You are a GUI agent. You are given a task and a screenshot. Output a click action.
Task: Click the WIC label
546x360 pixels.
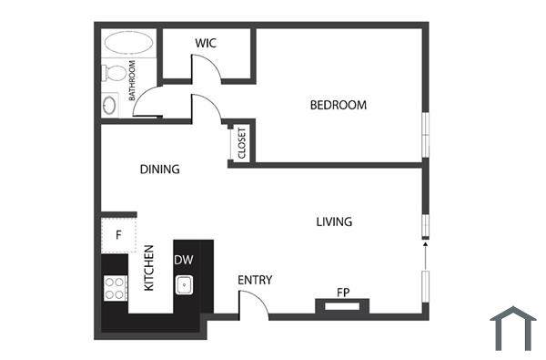point(205,43)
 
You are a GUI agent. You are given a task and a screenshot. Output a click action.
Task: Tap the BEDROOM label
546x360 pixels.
point(339,105)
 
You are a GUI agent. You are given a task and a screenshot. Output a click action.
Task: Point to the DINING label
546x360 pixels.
point(159,169)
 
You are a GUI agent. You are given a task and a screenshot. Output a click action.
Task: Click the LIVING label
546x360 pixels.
point(334,221)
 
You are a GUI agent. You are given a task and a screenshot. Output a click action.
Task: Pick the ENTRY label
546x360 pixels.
point(255,280)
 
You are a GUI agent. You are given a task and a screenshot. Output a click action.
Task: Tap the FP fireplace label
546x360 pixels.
point(343,293)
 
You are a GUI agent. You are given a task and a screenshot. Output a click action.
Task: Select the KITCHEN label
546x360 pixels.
point(150,269)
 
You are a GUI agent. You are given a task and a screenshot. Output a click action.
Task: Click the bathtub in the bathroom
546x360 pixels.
point(128,43)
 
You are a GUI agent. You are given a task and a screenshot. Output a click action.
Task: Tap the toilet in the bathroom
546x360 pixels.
point(115,71)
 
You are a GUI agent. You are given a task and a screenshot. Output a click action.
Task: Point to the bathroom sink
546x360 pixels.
point(110,104)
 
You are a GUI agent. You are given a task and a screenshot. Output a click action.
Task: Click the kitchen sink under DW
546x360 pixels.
point(184,283)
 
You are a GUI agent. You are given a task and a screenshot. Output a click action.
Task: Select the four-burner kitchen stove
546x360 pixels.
point(115,288)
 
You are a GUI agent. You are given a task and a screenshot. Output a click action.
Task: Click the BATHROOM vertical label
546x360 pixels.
point(133,80)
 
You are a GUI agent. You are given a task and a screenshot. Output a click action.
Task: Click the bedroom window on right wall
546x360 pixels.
point(424,135)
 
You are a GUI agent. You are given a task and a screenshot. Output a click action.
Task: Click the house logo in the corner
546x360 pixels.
point(512,328)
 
